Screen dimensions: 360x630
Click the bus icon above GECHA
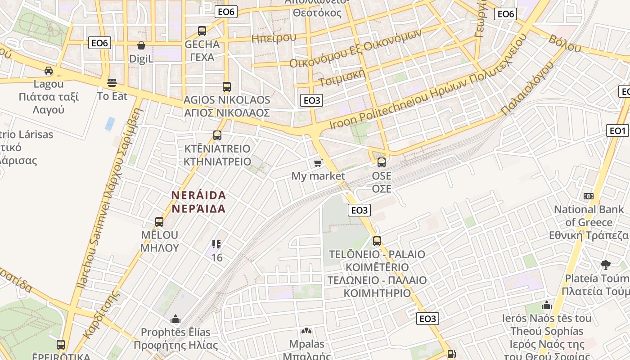tap(202, 31)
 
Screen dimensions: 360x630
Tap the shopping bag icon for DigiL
tap(141, 46)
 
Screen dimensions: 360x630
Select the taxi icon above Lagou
tap(49, 71)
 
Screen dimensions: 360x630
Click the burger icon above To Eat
tap(112, 83)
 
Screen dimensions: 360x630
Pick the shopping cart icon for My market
tap(318, 163)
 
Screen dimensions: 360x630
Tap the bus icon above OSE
tap(382, 162)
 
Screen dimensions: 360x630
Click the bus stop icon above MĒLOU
tap(159, 222)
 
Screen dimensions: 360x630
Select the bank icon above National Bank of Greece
tap(589, 196)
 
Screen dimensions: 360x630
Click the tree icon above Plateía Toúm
tap(606, 265)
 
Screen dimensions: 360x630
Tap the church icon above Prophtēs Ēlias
tap(175, 319)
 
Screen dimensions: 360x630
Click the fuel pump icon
tap(451, 354)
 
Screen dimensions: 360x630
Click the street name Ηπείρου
tap(274, 38)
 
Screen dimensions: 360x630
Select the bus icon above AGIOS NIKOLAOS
tap(227, 87)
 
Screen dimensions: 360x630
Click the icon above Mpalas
tap(306, 331)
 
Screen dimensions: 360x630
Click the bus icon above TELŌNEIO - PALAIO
tap(377, 241)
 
